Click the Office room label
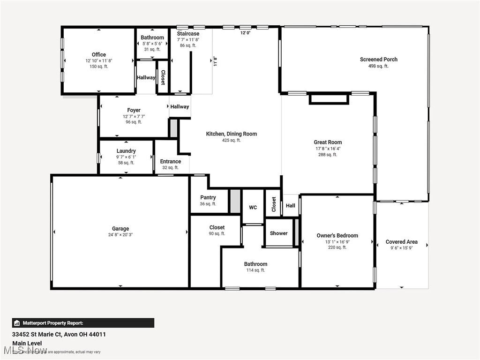[x=99, y=55]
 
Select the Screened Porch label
[x=378, y=60]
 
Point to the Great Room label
[x=328, y=142]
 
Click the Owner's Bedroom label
[x=337, y=236]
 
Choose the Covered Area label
[x=401, y=242]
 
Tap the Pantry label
[x=208, y=198]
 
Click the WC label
[x=253, y=207]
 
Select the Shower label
[x=278, y=233]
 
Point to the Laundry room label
[x=126, y=151]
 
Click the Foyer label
[x=134, y=111]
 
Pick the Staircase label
[x=188, y=34]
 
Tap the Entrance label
[x=170, y=162]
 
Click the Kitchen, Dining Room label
[x=232, y=134]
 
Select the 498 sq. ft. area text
[x=378, y=66]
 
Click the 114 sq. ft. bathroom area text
[x=255, y=270]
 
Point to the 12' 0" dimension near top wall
[x=246, y=33]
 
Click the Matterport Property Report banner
[x=83, y=323]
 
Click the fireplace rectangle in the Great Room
[x=329, y=99]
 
